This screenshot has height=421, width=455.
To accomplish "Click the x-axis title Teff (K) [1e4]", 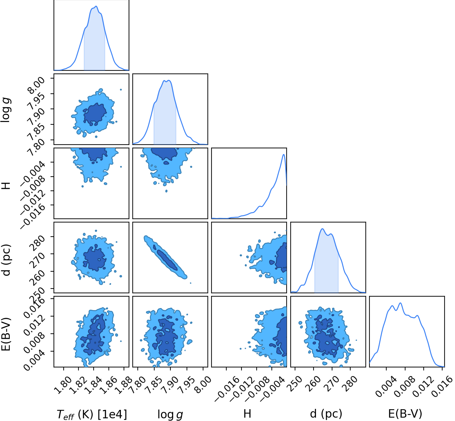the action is click(x=92, y=414).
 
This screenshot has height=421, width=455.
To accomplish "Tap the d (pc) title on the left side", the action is click(x=6, y=260).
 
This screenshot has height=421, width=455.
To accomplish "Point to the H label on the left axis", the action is click(x=6, y=185).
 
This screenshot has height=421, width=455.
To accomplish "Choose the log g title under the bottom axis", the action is click(x=170, y=414).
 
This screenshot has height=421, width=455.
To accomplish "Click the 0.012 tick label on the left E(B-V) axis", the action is click(x=34, y=325).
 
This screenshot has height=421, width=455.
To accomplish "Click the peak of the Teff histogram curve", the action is click(x=96, y=6).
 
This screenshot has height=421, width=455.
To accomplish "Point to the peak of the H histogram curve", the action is click(x=284, y=154).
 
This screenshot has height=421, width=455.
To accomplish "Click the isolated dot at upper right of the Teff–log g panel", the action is click(x=121, y=90).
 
